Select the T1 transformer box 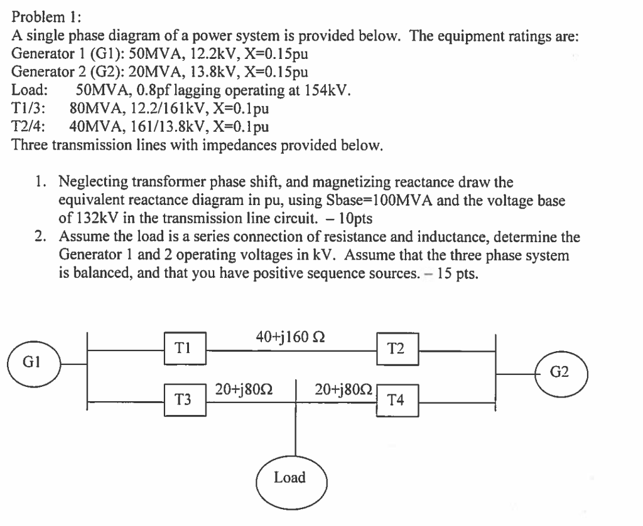183,345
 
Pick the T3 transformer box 183,397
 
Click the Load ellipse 290,478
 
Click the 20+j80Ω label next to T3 247,388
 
